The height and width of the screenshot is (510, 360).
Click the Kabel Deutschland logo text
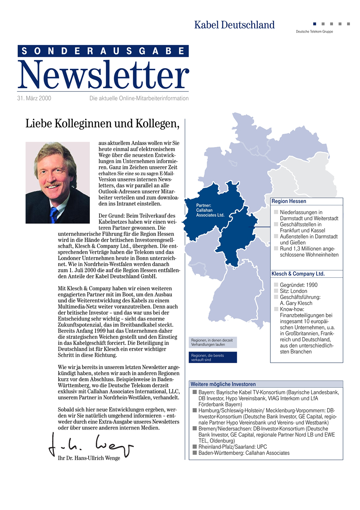coord(234,25)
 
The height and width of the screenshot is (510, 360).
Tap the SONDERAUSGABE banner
coord(103,51)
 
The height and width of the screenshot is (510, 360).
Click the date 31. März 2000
coord(34,98)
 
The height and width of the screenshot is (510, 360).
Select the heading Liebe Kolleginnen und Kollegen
coord(102,124)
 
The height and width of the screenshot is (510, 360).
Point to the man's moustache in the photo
coord(53,184)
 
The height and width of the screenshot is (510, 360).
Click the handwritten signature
coord(90,446)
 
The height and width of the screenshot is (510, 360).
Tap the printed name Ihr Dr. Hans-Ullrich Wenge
coord(89,458)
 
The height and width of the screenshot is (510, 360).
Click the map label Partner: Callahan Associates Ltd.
coord(210,210)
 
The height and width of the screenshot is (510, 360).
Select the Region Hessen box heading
coord(289,201)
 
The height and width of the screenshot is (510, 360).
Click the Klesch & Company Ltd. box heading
coord(298,274)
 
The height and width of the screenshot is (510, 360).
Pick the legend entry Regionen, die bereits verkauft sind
coord(213,358)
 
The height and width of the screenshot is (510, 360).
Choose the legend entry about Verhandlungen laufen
coord(213,343)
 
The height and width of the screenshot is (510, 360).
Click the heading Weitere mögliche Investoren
coord(223,384)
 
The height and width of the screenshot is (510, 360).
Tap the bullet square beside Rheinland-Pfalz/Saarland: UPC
coord(194,447)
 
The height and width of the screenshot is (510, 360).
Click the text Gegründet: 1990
coord(298,285)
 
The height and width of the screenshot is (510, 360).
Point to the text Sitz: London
coord(293,291)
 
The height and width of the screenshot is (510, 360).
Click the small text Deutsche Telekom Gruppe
coord(314,32)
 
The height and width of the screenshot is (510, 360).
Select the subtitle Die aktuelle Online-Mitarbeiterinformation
coord(139,98)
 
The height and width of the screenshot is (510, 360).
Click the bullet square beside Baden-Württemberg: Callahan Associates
coord(194,453)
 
